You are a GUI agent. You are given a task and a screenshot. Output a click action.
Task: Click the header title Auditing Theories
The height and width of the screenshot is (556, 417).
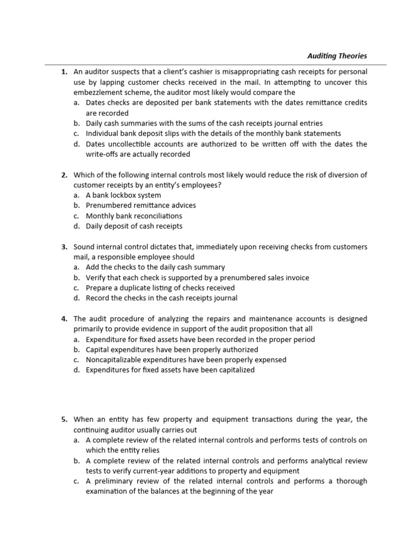(337, 55)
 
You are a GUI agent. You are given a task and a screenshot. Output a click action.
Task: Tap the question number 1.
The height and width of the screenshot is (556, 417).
(64, 72)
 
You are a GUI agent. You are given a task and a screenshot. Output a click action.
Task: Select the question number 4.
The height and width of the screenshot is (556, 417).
(64, 319)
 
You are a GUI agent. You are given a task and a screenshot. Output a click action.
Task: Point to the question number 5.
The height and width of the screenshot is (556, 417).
(64, 419)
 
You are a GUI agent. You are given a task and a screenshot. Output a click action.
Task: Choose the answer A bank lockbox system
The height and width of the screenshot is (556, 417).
(123, 195)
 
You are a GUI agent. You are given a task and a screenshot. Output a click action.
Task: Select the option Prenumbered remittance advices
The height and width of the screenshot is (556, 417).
(141, 205)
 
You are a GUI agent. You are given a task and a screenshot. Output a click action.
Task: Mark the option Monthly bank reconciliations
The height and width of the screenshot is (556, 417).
(134, 216)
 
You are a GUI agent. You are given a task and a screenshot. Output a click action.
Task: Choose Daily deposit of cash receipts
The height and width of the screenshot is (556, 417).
(134, 226)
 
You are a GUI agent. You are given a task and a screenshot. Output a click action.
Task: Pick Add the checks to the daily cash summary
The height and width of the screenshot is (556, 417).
(155, 267)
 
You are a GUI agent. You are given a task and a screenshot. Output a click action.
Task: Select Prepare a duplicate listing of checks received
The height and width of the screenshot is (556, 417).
(160, 288)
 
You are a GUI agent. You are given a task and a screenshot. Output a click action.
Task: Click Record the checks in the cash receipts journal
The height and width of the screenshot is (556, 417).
(161, 298)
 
